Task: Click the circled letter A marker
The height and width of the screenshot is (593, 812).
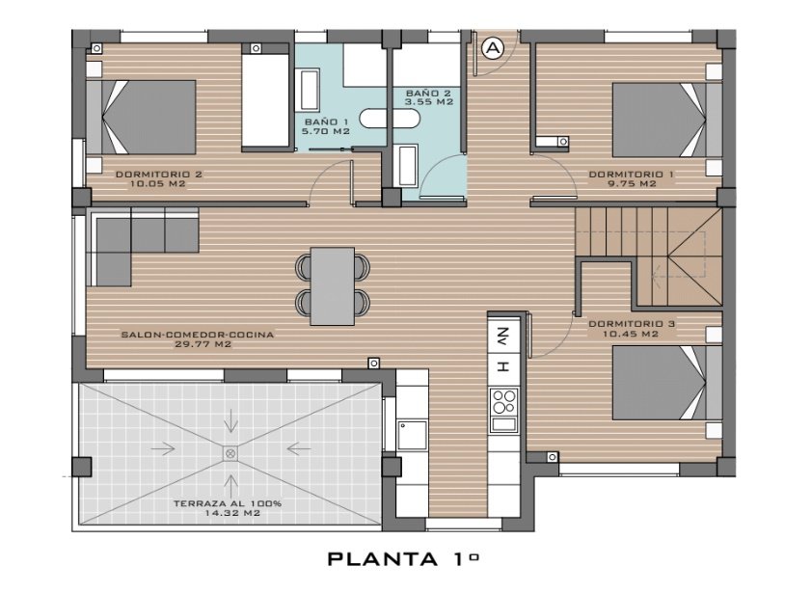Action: coord(493,48)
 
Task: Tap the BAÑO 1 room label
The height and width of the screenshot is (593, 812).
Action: coord(326,122)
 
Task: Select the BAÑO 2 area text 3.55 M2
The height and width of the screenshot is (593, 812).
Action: coord(429,102)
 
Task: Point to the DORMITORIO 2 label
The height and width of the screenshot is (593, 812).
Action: coord(158,175)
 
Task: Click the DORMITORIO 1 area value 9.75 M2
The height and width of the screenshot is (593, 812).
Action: coord(632,184)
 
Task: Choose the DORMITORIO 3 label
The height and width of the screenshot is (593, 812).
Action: coord(632,324)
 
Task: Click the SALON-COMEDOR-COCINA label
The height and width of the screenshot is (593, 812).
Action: coord(198,335)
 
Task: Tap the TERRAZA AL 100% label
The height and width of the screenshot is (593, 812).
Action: coord(228,503)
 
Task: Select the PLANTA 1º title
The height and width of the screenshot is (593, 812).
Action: coord(403,559)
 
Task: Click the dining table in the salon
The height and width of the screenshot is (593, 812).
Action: coord(333,286)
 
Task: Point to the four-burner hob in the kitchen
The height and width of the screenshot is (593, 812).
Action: coord(503,402)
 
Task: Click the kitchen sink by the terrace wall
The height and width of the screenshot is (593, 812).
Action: coord(412,435)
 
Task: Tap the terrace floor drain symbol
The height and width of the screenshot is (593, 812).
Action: coord(230,454)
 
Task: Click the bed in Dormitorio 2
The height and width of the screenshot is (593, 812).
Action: coord(141,117)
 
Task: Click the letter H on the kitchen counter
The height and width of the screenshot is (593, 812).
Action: coord(502,366)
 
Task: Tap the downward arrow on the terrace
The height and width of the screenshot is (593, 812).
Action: coord(230,421)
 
